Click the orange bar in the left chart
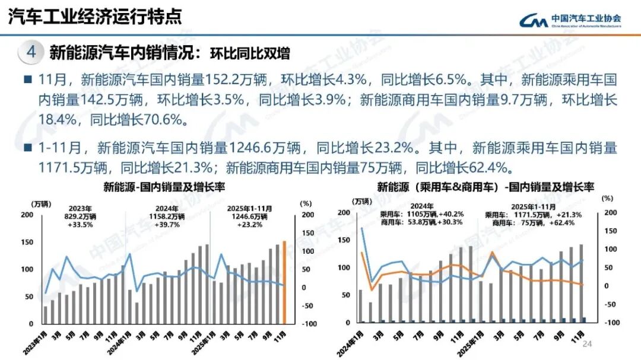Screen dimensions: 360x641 coord(284,283)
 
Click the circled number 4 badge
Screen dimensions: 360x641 coord(31,53)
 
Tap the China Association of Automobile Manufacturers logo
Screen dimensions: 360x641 coord(570,21)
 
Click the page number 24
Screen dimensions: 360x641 coord(588,345)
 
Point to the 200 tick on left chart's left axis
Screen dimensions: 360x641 coord(27,215)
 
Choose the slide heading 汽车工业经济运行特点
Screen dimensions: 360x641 coord(94,17)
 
